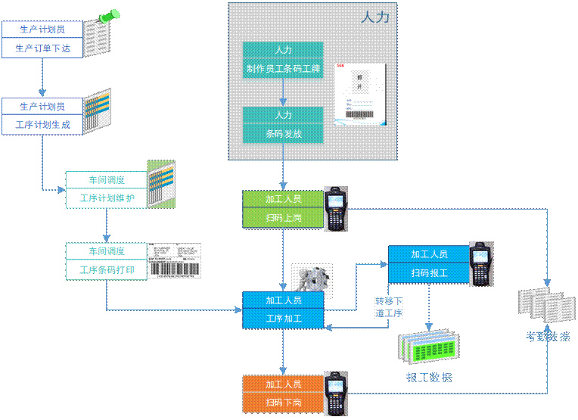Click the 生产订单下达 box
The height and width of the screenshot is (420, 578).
[x=42, y=48]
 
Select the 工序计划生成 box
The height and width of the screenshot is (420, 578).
[x=42, y=125]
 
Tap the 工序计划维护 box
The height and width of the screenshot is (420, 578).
[x=106, y=199]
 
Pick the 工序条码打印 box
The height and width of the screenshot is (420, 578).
[x=106, y=269]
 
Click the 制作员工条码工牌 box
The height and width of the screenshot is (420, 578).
[x=283, y=70]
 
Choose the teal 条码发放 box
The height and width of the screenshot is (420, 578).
[x=283, y=134]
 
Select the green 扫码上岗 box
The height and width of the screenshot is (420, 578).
[x=283, y=218]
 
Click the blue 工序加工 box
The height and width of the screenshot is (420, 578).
[x=283, y=319]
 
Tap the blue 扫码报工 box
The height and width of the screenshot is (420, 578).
[x=428, y=273]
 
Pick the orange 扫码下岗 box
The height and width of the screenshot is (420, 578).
[x=283, y=403]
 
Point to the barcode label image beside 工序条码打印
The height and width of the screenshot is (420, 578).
[x=175, y=261]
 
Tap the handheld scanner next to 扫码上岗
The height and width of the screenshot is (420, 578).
[x=335, y=207]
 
